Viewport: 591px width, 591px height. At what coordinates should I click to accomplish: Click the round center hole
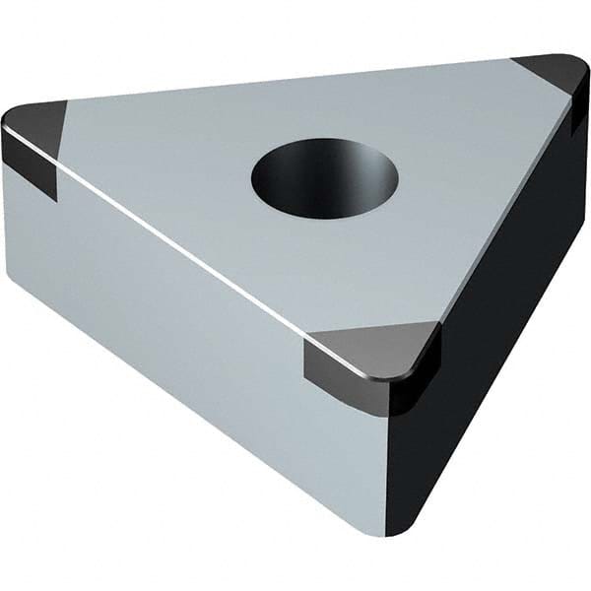[324, 178]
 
